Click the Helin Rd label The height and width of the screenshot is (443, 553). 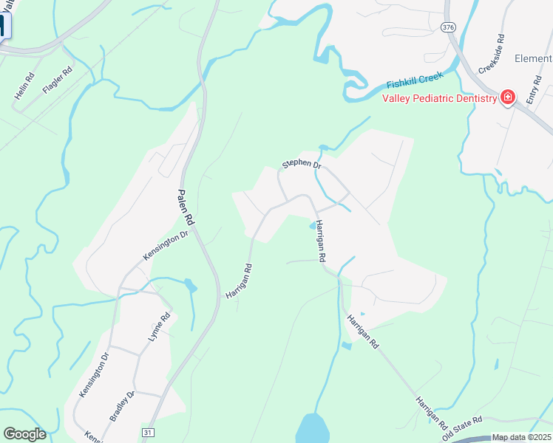pos(25,86)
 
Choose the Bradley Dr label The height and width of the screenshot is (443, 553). pos(121,406)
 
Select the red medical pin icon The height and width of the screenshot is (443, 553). pos(508,97)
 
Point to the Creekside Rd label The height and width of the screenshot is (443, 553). pos(491,53)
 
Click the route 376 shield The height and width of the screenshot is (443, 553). pos(447,27)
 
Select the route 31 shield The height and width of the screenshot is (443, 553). pos(148,431)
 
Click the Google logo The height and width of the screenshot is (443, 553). pos(24,434)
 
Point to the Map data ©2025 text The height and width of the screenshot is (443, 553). pos(521,438)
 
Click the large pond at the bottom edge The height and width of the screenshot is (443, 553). pos(312,429)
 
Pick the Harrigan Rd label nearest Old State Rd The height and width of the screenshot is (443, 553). pos(431,413)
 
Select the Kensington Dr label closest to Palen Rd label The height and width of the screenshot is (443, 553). pos(166,244)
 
